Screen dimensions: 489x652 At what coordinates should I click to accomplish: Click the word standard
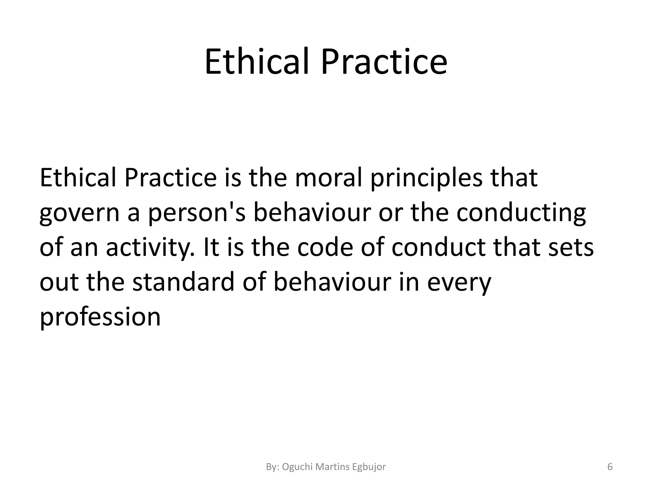click(x=183, y=282)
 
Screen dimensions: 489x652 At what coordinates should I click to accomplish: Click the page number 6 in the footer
click(x=610, y=467)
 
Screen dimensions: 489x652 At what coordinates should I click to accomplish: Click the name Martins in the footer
click(x=332, y=467)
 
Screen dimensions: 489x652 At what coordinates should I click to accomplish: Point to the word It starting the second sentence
click(x=211, y=247)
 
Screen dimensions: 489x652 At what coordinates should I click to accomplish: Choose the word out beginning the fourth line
click(x=59, y=282)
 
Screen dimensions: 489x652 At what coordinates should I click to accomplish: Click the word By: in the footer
click(x=273, y=467)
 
